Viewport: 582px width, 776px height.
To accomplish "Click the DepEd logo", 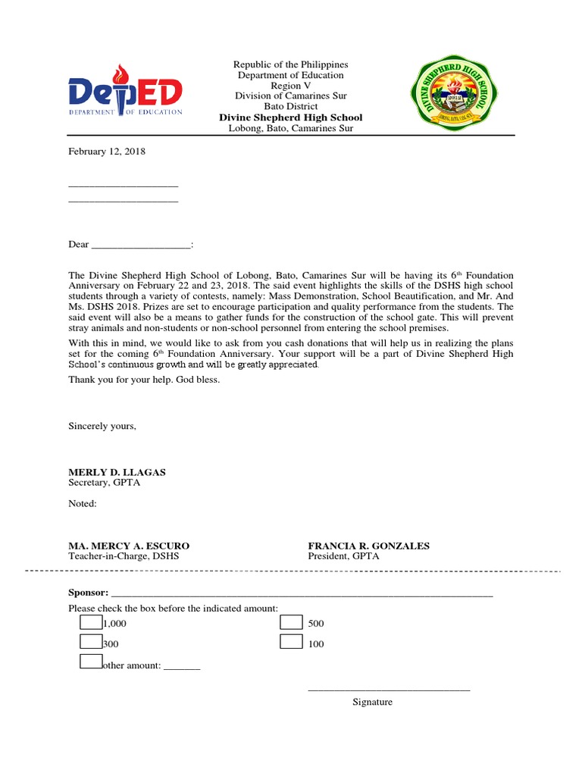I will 125,92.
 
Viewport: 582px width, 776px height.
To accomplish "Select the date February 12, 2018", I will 107,152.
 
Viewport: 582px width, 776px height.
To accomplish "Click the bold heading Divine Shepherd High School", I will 290,117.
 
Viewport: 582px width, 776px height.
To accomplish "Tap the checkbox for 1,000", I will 91,622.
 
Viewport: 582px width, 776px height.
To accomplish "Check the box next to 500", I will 291,622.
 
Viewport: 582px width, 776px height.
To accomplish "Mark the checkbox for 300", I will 91,642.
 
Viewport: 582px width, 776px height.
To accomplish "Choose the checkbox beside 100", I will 291,642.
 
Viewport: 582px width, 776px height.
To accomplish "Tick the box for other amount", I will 91,662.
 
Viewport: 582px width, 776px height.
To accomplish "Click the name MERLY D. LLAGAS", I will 117,472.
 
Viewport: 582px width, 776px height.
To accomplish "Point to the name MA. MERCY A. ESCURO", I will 129,546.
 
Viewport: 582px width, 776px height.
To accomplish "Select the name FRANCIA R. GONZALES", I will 368,546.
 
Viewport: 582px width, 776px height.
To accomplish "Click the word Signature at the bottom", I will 372,702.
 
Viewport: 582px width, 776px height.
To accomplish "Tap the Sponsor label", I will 88,592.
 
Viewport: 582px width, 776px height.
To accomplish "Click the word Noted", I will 83,503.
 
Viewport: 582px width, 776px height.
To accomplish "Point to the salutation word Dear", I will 79,244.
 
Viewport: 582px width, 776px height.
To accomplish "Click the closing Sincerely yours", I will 102,426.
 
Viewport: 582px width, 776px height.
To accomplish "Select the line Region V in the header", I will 290,86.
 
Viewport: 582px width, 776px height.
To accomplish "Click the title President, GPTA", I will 343,556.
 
